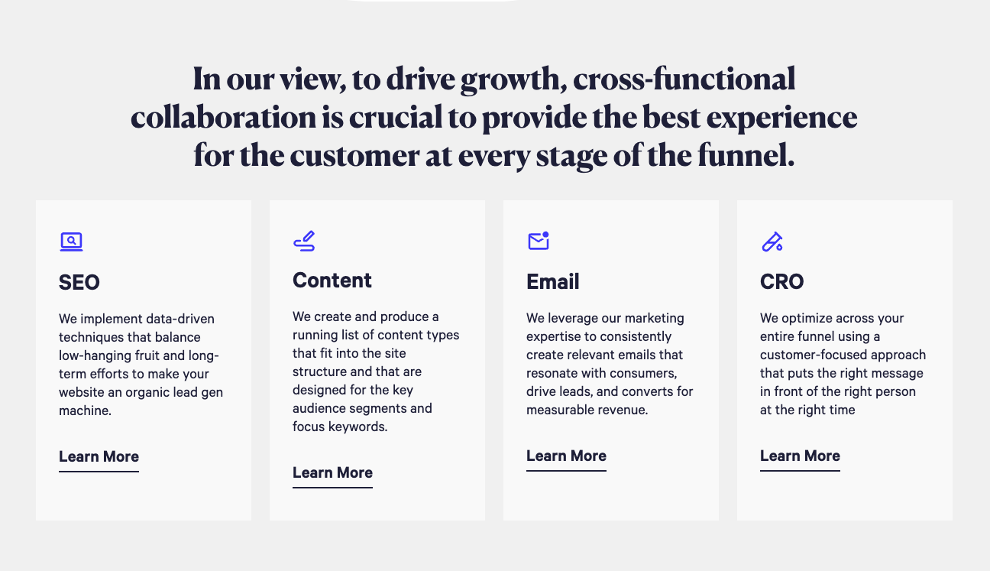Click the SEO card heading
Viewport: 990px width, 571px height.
click(x=79, y=282)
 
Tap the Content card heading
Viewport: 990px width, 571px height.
click(x=332, y=280)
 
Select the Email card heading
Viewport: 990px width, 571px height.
click(x=552, y=281)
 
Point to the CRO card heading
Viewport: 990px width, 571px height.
click(x=781, y=281)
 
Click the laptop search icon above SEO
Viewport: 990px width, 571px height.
click(x=71, y=242)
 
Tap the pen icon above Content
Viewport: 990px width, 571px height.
click(x=304, y=241)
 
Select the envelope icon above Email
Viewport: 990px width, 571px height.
click(x=539, y=241)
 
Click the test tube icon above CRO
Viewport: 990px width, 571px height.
click(x=772, y=242)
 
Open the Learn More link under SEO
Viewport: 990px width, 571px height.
click(x=99, y=457)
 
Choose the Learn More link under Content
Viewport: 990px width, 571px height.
click(x=332, y=473)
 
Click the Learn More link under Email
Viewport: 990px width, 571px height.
click(x=566, y=456)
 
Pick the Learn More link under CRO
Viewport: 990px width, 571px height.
click(x=800, y=456)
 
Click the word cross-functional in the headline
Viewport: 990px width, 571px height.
click(x=684, y=79)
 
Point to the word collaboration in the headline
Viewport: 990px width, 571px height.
click(x=223, y=118)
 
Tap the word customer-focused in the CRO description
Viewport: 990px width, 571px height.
click(x=815, y=355)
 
